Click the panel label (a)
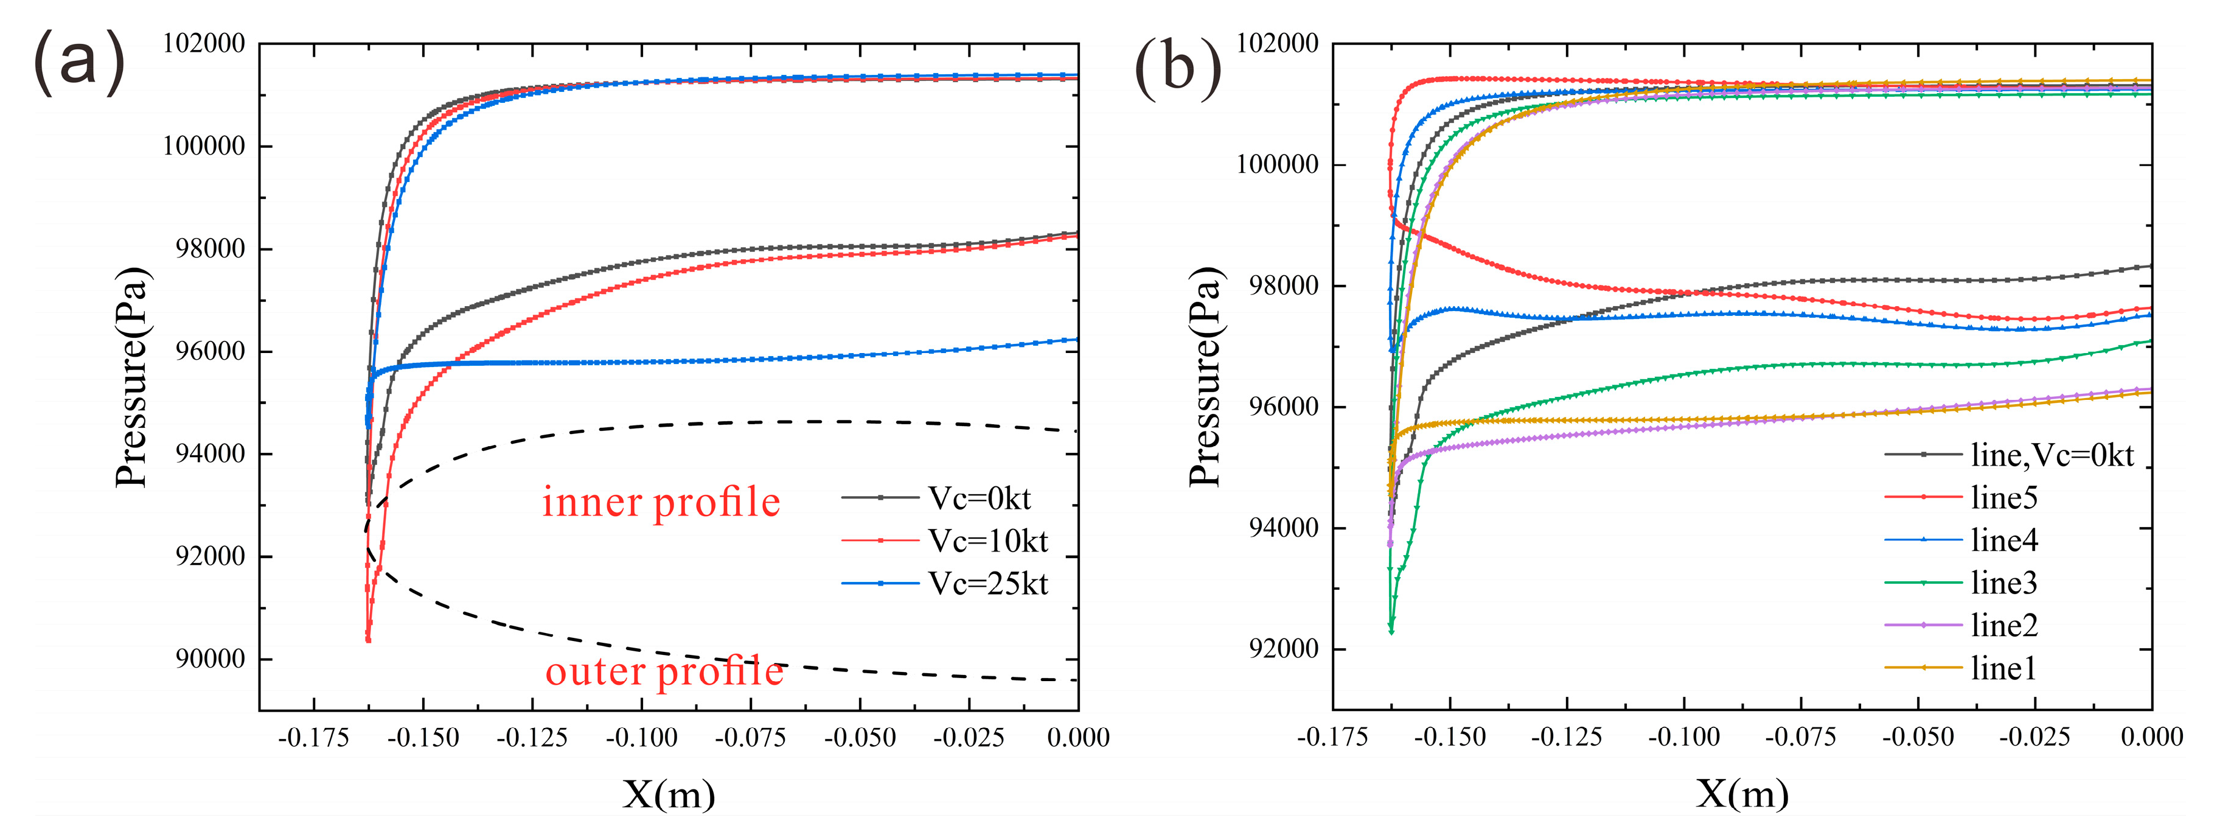coord(79,63)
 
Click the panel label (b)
coord(1177,68)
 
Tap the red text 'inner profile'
coord(661,502)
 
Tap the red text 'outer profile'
coord(664,671)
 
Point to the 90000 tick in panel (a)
coord(210,659)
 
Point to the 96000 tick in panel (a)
coord(210,351)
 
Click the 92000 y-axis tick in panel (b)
coord(1283,649)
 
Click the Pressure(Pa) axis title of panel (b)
coord(1205,377)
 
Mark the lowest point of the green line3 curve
coord(1391,632)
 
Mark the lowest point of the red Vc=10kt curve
coord(368,640)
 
